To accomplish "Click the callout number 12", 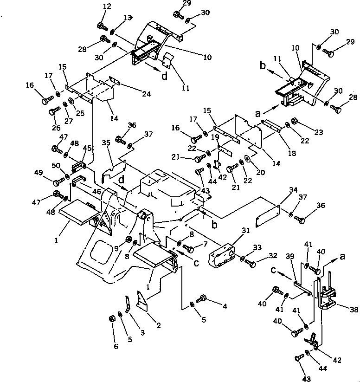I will [x=107, y=6].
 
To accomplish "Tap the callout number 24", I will [x=147, y=94].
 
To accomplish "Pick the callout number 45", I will [x=87, y=148].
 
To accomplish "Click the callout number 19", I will [x=215, y=137].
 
